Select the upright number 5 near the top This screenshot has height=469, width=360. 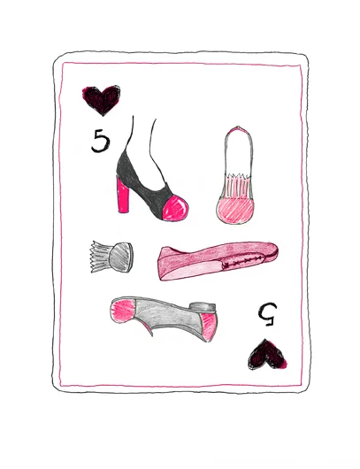(100, 141)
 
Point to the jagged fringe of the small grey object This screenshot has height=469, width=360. (96, 258)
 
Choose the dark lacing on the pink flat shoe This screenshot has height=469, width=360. (239, 262)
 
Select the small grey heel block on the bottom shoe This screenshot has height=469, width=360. (205, 304)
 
